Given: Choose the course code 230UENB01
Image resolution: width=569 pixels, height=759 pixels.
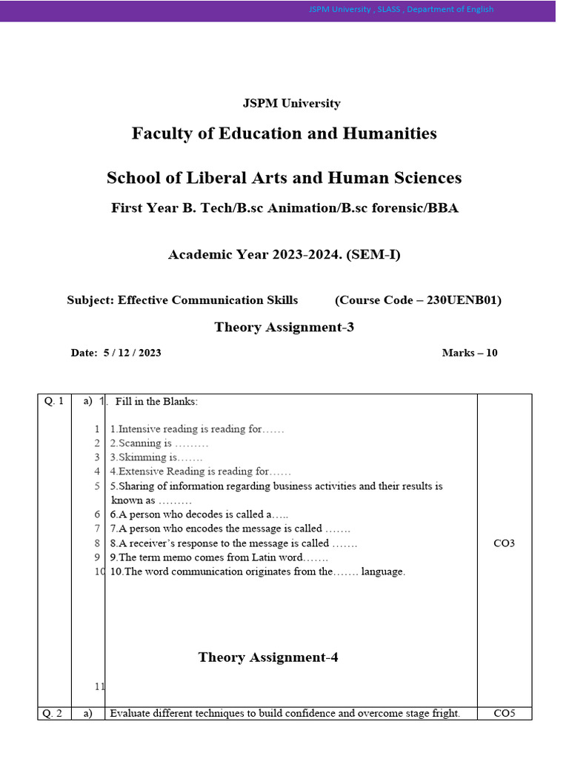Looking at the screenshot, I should [x=461, y=300].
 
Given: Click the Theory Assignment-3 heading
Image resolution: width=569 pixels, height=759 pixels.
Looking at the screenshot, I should [x=284, y=327].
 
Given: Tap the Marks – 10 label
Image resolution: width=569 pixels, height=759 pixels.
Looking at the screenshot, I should [x=470, y=353].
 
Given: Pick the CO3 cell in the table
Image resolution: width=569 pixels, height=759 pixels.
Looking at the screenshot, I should [x=504, y=543].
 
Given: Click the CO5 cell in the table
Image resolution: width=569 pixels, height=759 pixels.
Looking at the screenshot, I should [x=504, y=714].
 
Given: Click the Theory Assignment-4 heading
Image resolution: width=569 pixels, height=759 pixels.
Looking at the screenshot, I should [x=268, y=657].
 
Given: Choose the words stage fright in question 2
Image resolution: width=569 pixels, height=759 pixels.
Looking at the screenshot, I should [x=433, y=714].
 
